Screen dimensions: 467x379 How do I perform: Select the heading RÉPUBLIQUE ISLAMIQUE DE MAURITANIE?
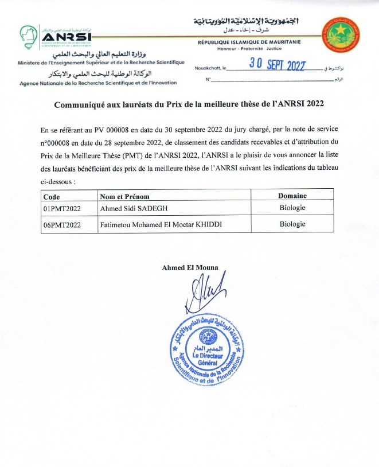pyautogui.click(x=249, y=42)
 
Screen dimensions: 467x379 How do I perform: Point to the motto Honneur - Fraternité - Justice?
pyautogui.click(x=249, y=50)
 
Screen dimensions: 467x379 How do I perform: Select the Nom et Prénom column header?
pyautogui.click(x=125, y=196)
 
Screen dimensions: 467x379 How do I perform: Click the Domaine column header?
pyautogui.click(x=292, y=196)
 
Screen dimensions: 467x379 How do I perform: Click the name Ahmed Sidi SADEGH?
pyautogui.click(x=138, y=209)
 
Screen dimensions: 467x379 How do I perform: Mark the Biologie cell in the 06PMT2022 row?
pyautogui.click(x=292, y=224)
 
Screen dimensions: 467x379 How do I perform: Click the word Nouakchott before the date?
pyautogui.click(x=206, y=68)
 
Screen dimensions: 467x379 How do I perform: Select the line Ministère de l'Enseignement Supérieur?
pyautogui.click(x=101, y=62)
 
